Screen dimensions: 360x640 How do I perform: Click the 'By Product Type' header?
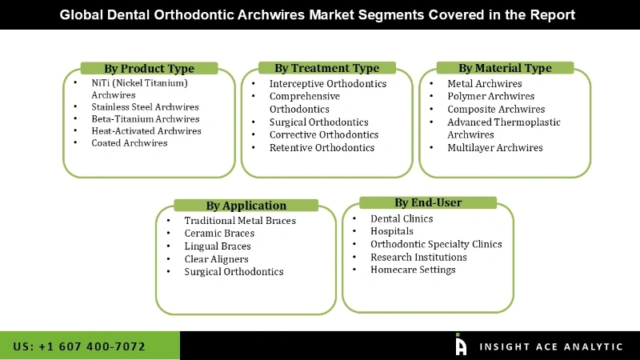tap(149, 68)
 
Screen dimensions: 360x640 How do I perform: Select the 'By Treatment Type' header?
tap(326, 68)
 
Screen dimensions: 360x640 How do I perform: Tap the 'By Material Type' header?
tap(505, 68)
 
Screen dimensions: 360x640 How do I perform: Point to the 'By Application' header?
tap(246, 206)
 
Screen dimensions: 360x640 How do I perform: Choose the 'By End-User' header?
tap(428, 202)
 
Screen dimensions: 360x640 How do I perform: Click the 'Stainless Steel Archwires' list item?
tap(145, 106)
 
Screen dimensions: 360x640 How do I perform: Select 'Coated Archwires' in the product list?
tap(129, 143)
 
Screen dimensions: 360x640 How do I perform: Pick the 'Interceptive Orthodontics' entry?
tap(327, 84)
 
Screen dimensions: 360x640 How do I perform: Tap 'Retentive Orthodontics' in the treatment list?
tap(322, 148)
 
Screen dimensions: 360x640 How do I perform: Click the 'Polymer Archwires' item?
tap(490, 97)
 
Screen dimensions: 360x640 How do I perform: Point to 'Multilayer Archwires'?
tap(494, 148)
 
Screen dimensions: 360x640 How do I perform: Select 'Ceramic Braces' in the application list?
tap(219, 234)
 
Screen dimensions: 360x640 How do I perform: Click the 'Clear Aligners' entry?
tap(216, 259)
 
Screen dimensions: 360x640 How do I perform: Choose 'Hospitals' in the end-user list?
tap(392, 231)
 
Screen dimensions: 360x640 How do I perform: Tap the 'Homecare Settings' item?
tap(413, 270)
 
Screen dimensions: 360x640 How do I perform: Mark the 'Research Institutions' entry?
tap(418, 257)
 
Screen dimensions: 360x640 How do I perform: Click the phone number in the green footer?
tap(79, 346)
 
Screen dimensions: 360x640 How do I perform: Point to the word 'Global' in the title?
tap(85, 15)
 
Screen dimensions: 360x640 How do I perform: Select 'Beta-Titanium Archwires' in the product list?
tap(145, 119)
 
